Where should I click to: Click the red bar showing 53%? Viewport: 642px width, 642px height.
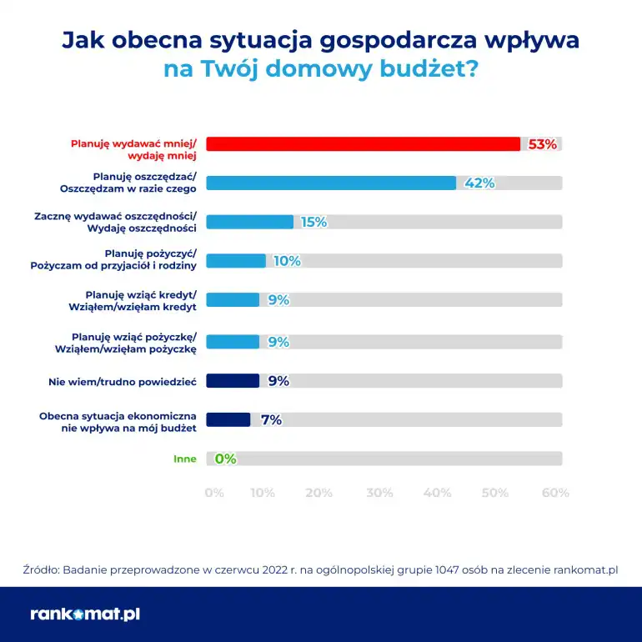click(363, 144)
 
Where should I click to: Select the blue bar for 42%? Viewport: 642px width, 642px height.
click(330, 183)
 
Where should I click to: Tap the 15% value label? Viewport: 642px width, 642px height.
click(314, 222)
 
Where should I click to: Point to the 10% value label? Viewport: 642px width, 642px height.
click(287, 261)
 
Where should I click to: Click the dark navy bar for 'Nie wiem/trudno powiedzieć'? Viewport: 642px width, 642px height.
click(233, 381)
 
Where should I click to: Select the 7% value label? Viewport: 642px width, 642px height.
click(271, 420)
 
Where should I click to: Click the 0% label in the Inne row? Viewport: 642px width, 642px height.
click(226, 459)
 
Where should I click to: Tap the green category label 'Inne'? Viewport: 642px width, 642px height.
click(184, 459)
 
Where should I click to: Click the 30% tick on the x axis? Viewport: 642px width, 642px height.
click(379, 493)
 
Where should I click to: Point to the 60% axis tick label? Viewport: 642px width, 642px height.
click(555, 493)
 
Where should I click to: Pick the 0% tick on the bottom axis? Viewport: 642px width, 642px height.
click(214, 493)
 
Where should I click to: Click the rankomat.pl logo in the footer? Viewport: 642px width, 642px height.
click(85, 614)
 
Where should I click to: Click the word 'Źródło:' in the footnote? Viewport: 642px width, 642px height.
click(40, 569)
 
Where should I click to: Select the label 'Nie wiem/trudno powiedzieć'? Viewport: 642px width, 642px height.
click(122, 381)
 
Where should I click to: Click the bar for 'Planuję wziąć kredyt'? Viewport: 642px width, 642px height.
click(233, 300)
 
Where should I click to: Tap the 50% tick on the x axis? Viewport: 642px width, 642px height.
click(494, 493)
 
